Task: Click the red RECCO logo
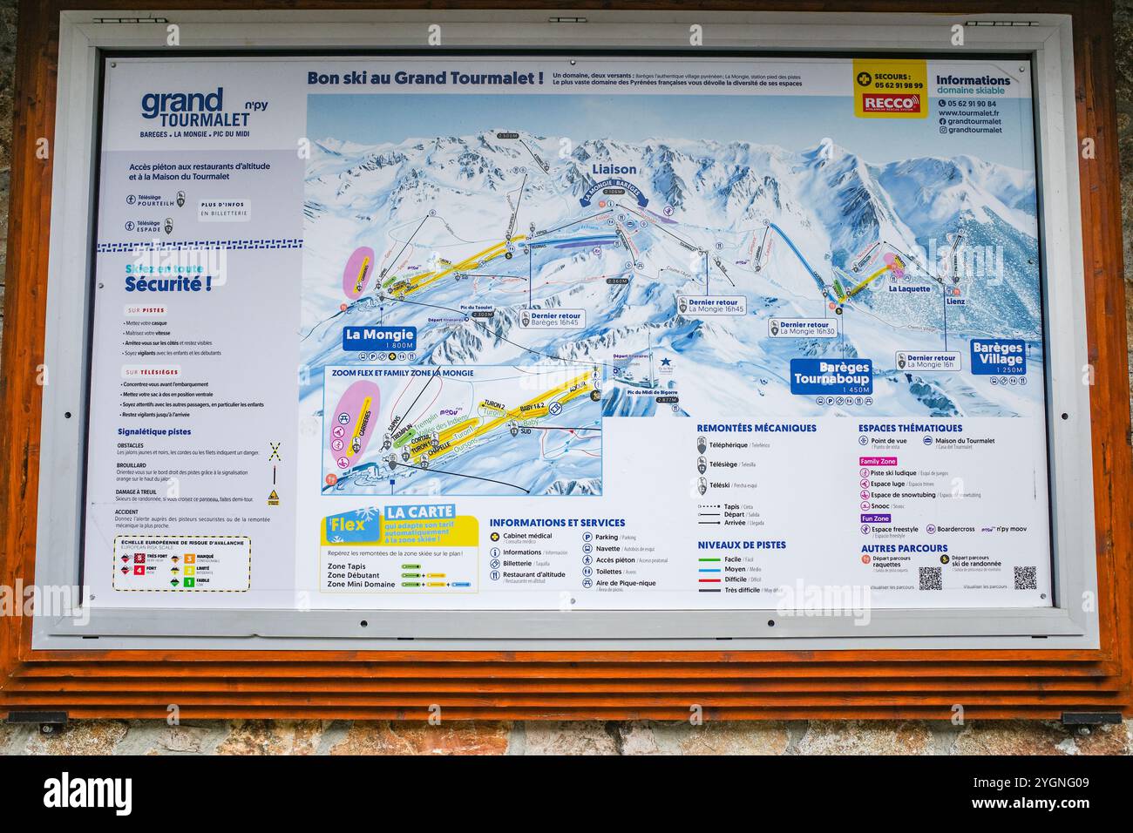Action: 888,104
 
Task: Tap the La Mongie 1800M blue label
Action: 379,338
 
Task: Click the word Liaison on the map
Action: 614,169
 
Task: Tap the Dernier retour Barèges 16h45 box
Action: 552,318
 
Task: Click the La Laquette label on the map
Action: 909,288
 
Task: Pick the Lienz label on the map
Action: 956,301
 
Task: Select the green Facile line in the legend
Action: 709,559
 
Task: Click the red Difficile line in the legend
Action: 709,579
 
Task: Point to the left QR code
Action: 930,578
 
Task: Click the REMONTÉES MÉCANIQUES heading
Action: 756,428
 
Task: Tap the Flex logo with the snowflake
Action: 352,525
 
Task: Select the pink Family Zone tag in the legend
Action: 878,462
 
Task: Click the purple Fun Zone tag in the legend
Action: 875,518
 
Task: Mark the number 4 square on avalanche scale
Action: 139,570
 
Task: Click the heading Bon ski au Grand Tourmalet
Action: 425,78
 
